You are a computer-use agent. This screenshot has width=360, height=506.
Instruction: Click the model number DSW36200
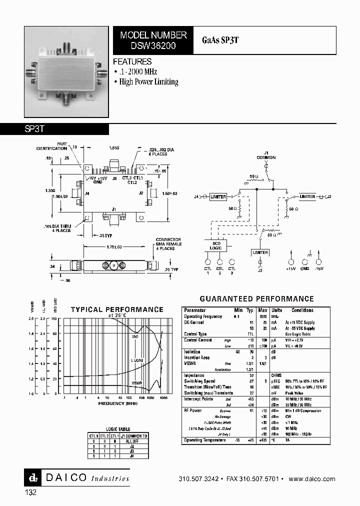(x=153, y=45)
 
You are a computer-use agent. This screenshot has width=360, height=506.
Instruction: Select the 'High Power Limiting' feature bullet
(x=148, y=82)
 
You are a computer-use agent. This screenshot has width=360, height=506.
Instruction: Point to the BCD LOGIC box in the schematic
(x=216, y=244)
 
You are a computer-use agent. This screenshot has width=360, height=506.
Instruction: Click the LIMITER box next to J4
(x=217, y=196)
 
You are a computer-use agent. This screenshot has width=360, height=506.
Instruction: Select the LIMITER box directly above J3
(x=260, y=252)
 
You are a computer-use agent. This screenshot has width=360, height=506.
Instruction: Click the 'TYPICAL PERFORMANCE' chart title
(x=117, y=310)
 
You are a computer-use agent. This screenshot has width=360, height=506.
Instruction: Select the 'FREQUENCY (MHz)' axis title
(x=117, y=403)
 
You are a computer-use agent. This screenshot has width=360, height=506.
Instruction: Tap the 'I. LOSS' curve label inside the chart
(x=138, y=360)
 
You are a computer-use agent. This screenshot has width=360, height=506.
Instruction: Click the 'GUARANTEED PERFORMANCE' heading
(x=256, y=299)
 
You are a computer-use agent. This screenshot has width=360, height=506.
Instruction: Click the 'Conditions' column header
(x=303, y=310)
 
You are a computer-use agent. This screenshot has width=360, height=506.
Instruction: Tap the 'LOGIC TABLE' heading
(x=118, y=429)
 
